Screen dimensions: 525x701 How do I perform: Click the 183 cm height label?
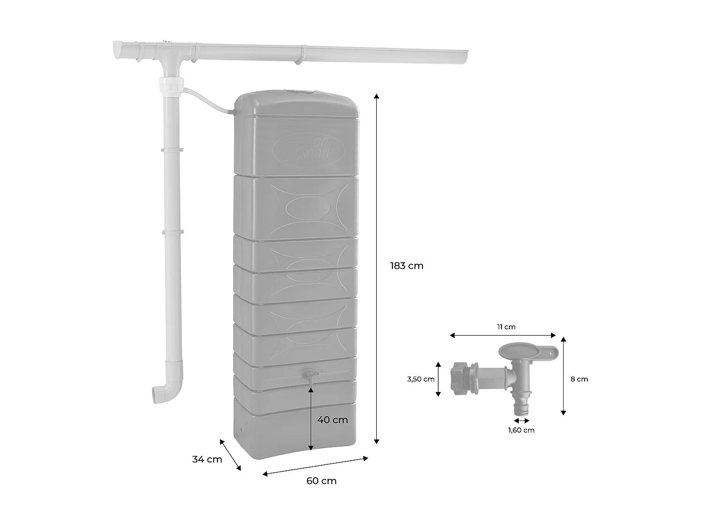[407, 266]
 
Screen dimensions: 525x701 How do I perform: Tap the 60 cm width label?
[322, 481]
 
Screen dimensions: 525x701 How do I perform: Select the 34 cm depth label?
[207, 459]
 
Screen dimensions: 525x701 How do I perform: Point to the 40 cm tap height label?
[333, 420]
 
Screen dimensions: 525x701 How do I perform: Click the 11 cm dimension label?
[507, 327]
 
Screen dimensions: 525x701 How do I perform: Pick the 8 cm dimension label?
[579, 379]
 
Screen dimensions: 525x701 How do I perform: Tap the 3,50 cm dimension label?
[421, 379]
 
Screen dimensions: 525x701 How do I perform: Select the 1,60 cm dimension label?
[521, 430]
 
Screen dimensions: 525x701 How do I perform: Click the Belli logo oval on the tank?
[309, 150]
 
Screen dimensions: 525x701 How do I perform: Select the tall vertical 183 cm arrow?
[377, 268]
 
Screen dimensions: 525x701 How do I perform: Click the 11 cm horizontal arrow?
[502, 335]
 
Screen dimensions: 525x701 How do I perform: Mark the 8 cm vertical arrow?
[563, 376]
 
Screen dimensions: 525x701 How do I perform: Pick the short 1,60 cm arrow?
[521, 421]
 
